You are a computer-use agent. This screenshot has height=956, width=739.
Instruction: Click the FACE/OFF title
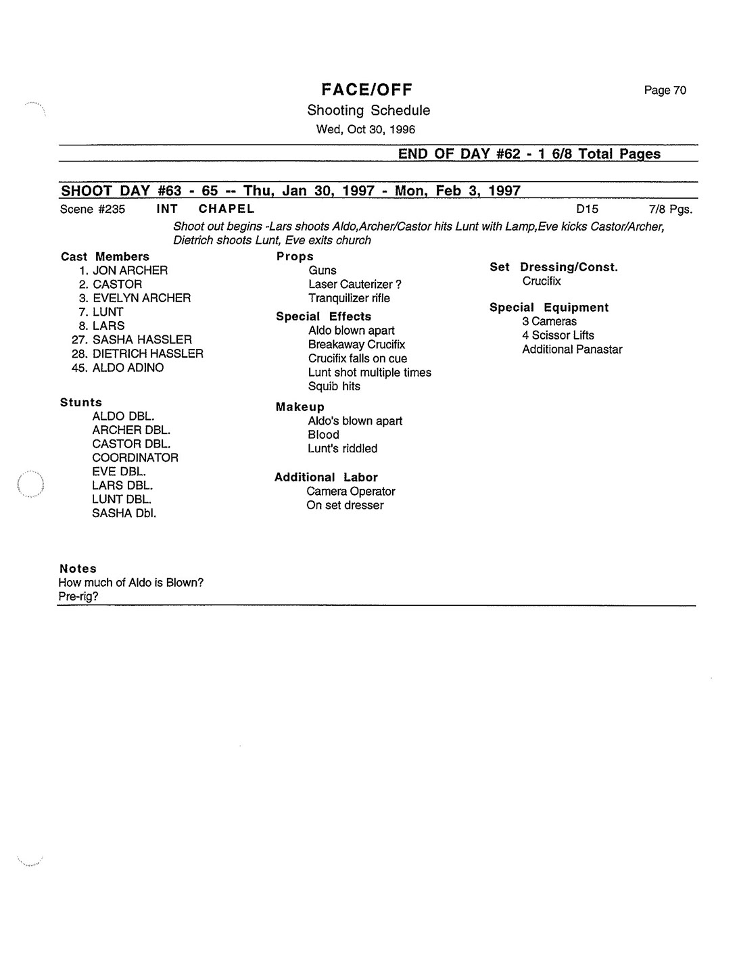pos(366,90)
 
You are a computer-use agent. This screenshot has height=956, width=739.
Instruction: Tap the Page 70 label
pos(665,91)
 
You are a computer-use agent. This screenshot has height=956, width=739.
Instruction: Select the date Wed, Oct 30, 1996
pos(366,129)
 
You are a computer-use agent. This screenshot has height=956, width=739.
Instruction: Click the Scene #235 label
pos(93,210)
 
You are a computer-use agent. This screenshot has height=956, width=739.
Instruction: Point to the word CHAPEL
pos(227,209)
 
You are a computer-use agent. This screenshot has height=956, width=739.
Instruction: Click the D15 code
pos(587,210)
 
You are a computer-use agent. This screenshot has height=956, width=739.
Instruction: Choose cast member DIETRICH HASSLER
pos(147,354)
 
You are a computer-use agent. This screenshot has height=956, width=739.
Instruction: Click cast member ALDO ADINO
pos(128,368)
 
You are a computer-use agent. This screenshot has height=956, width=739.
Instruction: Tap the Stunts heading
pos(81,402)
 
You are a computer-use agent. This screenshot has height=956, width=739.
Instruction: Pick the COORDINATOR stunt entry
pos(135,458)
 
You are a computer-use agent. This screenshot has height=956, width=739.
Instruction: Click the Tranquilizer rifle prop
pos(349,298)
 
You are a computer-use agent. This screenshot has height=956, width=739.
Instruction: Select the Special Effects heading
pos(323,316)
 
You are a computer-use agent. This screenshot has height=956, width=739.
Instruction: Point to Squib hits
pos(334,387)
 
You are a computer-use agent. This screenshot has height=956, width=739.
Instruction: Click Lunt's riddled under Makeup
pos(342,449)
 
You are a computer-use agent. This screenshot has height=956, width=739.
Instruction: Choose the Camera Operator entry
pos(350,492)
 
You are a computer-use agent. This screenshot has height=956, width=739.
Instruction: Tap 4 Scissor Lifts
pos(558,335)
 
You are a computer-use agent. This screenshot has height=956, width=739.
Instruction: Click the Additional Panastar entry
pos(572,350)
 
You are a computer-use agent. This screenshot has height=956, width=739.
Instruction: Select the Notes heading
pos(78,569)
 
